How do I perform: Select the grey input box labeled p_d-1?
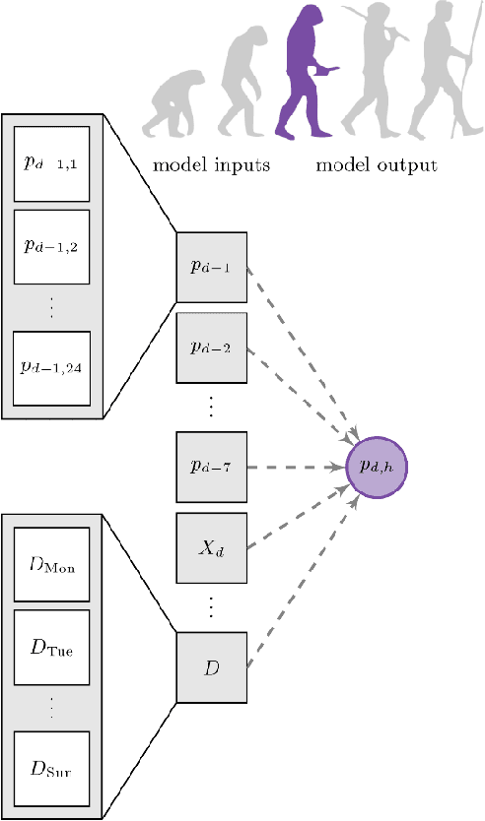pos(211,267)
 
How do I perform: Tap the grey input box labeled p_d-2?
pos(211,347)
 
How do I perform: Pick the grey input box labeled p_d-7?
pos(211,467)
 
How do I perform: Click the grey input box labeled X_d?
pos(211,547)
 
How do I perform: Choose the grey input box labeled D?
pos(211,668)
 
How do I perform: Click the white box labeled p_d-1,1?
pos(51,162)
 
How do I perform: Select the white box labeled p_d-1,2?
pos(51,245)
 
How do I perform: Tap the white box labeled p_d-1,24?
pos(51,367)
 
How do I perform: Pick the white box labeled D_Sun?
pos(51,768)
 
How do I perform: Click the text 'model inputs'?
pos(211,164)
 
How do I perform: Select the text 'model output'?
pos(377,164)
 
